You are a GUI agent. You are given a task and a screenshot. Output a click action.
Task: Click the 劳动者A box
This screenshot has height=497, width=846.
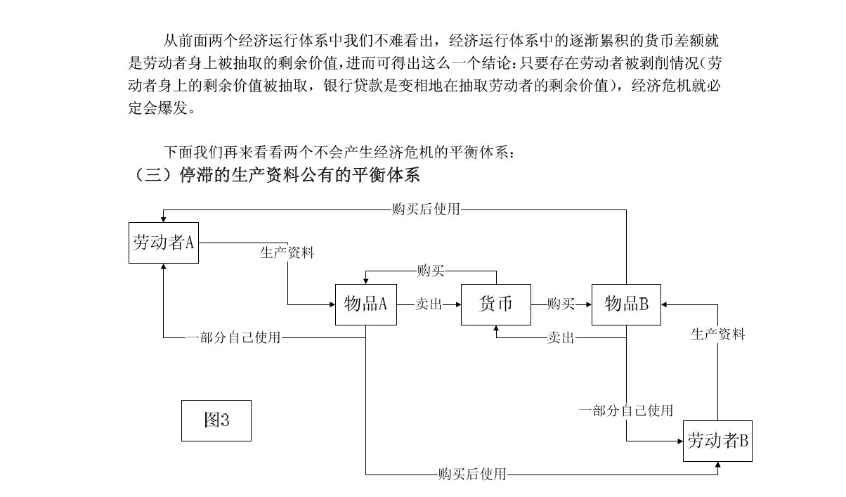[x=163, y=243]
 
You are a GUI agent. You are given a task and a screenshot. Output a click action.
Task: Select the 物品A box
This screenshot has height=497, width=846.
[x=365, y=304]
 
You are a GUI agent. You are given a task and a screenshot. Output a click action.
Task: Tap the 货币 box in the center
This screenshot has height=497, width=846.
[x=495, y=304]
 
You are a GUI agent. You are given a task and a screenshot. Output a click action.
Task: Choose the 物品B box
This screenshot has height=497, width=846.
[x=626, y=304]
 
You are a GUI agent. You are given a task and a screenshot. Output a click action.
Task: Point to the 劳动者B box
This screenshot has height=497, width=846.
[x=717, y=441]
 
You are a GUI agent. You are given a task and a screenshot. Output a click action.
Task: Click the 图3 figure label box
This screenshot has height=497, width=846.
[x=216, y=420]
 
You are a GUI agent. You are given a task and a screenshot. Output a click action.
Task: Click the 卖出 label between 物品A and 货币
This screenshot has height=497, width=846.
[x=429, y=304]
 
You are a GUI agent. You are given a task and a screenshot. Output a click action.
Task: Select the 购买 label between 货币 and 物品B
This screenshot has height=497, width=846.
[x=561, y=304]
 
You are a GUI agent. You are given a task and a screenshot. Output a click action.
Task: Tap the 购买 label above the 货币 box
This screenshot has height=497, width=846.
[x=431, y=271]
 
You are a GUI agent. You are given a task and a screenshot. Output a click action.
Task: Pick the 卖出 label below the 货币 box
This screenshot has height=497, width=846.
[x=561, y=338]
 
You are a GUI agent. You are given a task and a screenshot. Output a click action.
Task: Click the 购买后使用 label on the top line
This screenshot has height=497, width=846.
[x=426, y=209]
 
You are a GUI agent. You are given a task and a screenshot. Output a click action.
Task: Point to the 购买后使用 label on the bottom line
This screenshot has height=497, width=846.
[x=471, y=475]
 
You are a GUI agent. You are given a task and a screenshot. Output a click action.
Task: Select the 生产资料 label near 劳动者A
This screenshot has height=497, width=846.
[x=287, y=253]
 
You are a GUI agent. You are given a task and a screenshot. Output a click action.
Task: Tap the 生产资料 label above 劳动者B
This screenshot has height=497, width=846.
[x=717, y=335]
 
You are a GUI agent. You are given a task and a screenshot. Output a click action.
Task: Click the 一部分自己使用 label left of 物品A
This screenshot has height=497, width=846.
[x=233, y=338]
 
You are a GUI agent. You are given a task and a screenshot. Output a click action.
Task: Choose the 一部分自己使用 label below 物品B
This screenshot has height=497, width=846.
[x=626, y=411]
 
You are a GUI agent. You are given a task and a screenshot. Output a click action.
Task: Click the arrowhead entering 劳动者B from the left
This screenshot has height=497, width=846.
[x=679, y=441]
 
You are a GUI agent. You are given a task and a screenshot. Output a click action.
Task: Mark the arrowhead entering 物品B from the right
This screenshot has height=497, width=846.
[x=665, y=304]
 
